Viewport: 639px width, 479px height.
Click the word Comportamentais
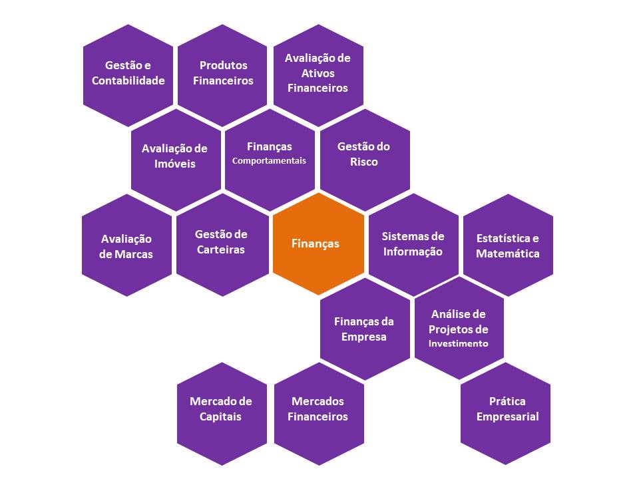tap(269, 161)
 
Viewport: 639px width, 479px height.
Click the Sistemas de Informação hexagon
tap(413, 244)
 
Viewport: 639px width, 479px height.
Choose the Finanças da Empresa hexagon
tap(364, 329)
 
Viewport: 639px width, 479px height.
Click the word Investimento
tap(459, 344)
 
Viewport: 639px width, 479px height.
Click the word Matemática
tap(508, 253)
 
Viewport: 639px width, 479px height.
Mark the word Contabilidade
tap(128, 81)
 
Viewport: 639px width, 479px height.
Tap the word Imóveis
tap(175, 164)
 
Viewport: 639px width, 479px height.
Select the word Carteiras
tap(221, 250)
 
